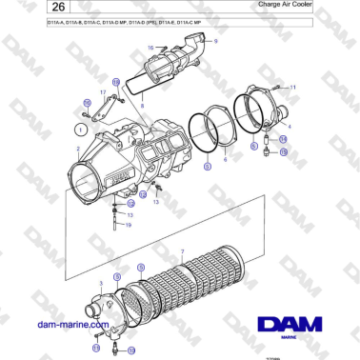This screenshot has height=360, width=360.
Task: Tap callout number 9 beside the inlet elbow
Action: [x=215, y=42]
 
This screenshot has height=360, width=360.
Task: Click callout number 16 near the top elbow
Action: [x=150, y=47]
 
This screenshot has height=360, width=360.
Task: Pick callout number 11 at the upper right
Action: [x=293, y=87]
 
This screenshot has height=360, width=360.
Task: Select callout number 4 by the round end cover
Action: [x=290, y=125]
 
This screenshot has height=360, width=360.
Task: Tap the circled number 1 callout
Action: [x=83, y=125]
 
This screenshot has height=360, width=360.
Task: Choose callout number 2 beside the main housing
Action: [x=77, y=150]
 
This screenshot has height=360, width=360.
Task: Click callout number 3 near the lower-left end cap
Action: [x=101, y=284]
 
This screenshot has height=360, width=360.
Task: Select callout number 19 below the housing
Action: [x=129, y=226]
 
